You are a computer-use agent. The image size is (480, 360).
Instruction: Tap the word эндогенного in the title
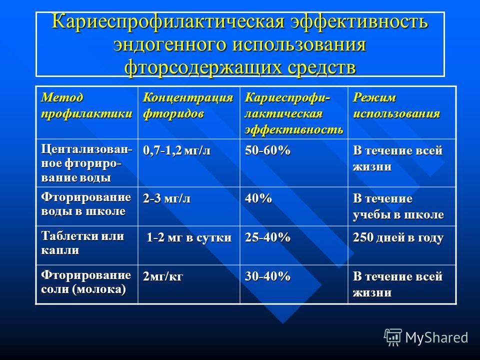170,44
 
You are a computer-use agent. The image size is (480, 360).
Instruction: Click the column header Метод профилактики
86,105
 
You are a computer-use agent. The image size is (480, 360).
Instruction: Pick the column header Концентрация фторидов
188,105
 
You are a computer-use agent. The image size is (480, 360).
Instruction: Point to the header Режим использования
396,105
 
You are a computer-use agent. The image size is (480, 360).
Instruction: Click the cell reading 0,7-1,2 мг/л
176,150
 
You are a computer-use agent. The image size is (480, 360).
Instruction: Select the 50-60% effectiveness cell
267,150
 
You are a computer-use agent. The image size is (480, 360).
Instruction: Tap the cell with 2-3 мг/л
166,198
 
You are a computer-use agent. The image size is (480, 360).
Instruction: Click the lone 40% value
258,198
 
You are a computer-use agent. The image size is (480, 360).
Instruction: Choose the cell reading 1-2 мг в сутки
189,237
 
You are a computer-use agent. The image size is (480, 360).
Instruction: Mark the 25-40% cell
267,237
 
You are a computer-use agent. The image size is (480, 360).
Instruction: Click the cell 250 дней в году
398,238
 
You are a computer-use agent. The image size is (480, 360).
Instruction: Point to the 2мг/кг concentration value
163,276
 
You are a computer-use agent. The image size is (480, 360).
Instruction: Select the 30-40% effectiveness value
267,276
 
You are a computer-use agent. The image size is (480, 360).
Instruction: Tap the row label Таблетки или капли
82,243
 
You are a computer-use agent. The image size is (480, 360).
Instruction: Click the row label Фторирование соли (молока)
86,282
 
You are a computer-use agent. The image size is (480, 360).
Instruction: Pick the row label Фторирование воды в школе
86,204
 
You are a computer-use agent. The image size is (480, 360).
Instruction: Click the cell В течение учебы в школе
398,206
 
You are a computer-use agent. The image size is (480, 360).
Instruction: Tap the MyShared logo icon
393,337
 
